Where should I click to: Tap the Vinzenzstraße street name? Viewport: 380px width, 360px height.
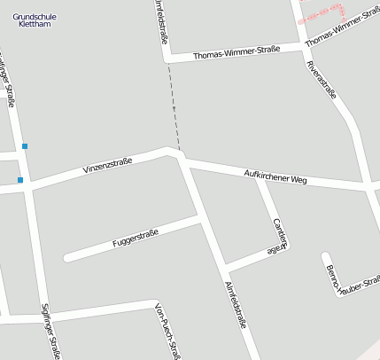click(107, 166)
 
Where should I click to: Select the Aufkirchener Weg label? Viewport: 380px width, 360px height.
click(275, 176)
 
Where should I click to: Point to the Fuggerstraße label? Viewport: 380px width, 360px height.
click(136, 238)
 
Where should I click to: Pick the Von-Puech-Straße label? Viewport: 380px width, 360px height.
click(167, 330)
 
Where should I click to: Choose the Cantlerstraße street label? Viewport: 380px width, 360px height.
click(280, 235)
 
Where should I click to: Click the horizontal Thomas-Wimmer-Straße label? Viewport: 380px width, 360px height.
click(236, 52)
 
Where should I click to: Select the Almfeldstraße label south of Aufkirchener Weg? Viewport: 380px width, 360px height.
click(235, 305)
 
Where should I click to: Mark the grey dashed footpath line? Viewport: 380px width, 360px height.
click(174, 111)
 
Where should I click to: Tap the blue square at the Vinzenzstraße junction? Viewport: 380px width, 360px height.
click(19, 180)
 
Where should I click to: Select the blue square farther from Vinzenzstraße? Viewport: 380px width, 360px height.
click(25, 145)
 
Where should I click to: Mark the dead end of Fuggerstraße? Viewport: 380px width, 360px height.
click(66, 258)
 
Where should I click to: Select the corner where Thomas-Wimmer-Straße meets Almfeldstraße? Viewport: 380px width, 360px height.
click(167, 59)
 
